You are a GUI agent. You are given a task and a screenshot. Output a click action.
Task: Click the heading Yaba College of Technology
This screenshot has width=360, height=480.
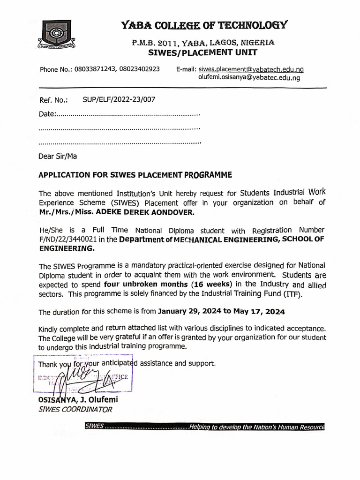tap(204, 25)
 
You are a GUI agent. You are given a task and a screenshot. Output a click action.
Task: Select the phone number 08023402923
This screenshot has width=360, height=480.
tap(139, 69)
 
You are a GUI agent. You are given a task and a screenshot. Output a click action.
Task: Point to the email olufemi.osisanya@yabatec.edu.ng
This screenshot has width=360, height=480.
tap(249, 78)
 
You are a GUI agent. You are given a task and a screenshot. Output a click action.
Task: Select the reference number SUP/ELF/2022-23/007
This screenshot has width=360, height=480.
tap(118, 99)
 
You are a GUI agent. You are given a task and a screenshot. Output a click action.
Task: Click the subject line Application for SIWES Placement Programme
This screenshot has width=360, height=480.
tap(135, 175)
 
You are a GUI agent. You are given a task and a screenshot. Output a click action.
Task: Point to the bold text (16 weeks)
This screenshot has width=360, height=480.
tap(211, 285)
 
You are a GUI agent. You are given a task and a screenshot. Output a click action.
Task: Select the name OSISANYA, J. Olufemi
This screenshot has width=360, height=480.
tap(78, 400)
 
